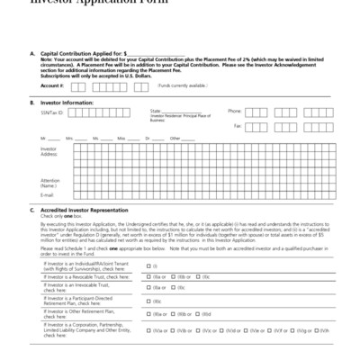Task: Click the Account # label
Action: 51,85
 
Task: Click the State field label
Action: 156,111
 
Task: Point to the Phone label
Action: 234,111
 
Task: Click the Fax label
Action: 238,127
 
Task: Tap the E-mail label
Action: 48,195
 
